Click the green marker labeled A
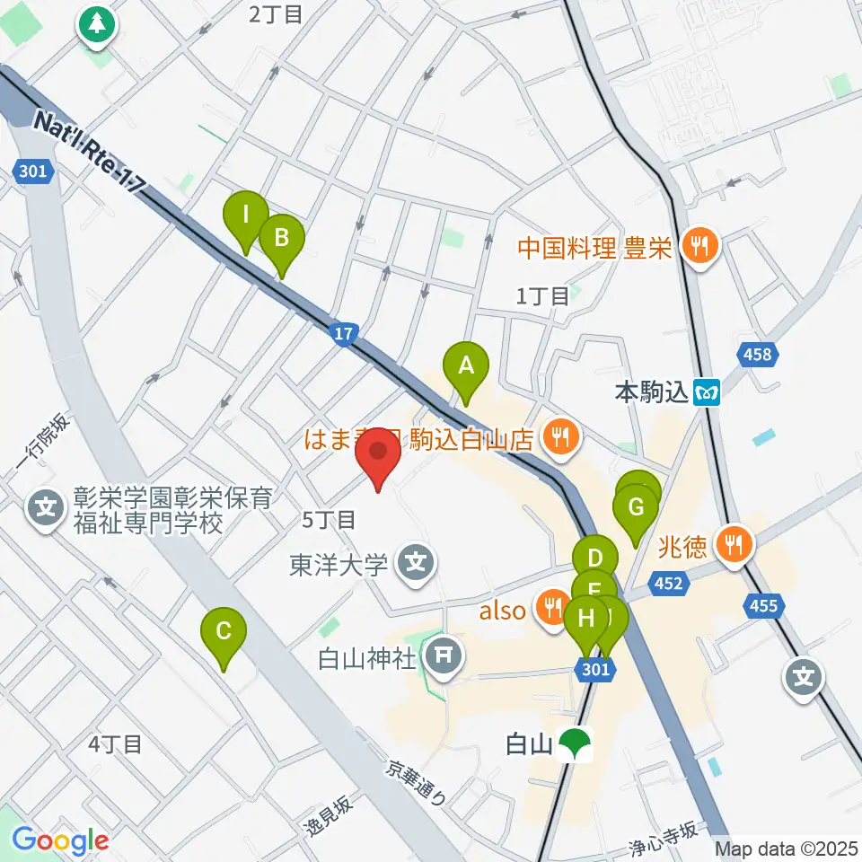coord(465,365)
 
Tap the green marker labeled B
coord(282,238)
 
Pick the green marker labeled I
coord(245,215)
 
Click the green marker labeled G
coord(636,507)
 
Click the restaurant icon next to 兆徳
coord(734,542)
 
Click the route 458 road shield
coord(757,356)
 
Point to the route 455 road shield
coord(763,607)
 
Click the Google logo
coord(60,841)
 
